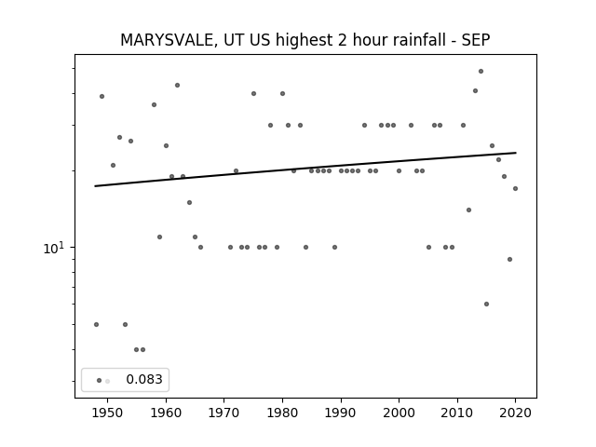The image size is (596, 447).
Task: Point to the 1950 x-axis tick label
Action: pos(108,413)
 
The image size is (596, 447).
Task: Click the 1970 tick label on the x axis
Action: pos(223,413)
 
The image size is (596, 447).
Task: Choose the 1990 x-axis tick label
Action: pos(341,413)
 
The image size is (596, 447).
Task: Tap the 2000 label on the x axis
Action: pos(400,413)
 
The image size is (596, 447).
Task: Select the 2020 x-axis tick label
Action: pos(515,413)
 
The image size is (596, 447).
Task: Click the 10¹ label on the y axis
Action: pos(54,249)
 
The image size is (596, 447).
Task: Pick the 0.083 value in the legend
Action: pos(144,379)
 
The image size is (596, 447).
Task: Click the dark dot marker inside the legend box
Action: pos(100,381)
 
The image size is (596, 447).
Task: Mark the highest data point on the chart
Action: pos(481,72)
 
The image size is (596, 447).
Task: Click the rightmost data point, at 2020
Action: pos(515,188)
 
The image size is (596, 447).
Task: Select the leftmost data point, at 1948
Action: pos(96,325)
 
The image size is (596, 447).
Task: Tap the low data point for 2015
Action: pos(486,305)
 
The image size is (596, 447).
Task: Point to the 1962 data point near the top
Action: pos(177,86)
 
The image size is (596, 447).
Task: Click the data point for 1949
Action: pos(102,97)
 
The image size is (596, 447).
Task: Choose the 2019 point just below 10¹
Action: pos(509,260)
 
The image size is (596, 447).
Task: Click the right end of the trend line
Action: pos(516,153)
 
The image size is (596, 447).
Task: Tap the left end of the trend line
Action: pos(95,186)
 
